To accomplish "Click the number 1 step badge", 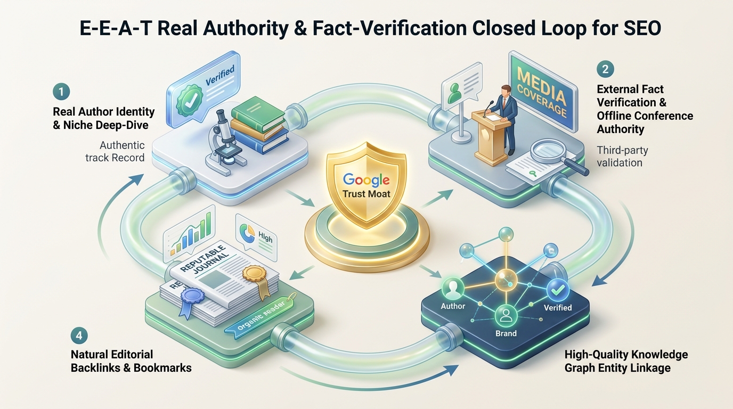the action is (x=61, y=91).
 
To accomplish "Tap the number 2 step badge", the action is (x=605, y=69).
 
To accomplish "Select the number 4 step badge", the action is (x=79, y=336).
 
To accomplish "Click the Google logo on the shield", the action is (x=366, y=179).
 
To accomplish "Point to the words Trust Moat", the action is (x=366, y=194).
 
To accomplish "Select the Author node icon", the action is (x=453, y=289).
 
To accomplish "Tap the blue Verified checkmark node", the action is (x=558, y=290).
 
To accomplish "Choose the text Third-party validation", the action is (x=622, y=157).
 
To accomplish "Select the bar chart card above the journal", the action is (x=190, y=234).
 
